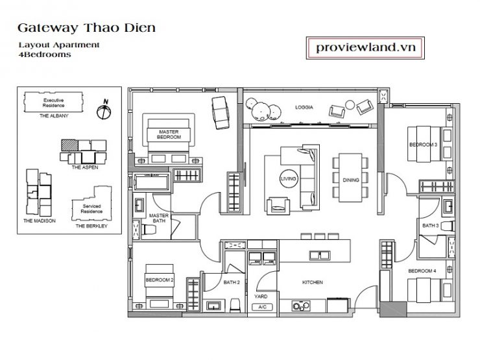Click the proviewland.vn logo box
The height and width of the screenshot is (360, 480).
click(365, 48)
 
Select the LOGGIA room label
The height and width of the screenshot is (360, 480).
click(304, 108)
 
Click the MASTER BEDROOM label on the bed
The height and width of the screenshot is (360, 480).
click(169, 134)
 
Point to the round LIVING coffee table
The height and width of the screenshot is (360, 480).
click(289, 178)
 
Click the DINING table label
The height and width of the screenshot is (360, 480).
click(351, 180)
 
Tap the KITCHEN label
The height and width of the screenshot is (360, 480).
click(313, 282)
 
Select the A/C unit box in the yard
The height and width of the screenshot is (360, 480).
click(262, 307)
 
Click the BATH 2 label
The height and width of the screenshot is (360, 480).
click(232, 282)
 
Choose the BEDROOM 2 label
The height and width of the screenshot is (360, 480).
click(160, 280)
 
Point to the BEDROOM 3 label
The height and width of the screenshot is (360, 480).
click(424, 145)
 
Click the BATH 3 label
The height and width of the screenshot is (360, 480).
click(431, 226)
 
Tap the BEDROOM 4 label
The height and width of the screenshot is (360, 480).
click(422, 271)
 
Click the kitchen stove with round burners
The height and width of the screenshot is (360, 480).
click(301, 306)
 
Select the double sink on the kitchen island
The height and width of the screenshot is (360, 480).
click(319, 255)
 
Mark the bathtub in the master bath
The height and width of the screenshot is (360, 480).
click(152, 182)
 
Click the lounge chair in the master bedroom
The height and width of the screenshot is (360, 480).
click(221, 113)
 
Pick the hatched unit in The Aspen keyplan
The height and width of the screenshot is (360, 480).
click(69, 145)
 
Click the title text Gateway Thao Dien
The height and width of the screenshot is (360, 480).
click(87, 28)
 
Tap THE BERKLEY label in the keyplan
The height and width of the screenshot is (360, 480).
click(91, 226)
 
